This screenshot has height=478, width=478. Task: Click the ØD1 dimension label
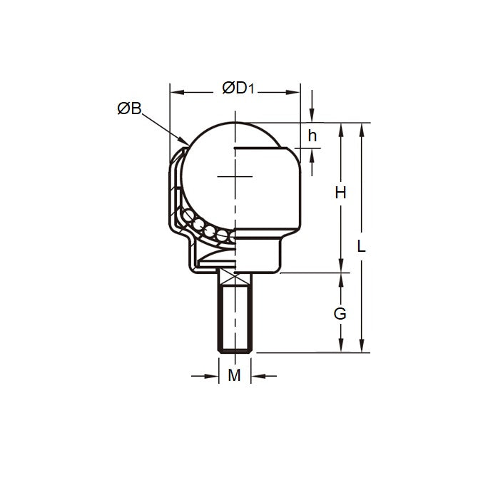point(239,88)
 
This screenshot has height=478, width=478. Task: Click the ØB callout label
point(129,108)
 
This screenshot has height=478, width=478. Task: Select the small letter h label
point(312,136)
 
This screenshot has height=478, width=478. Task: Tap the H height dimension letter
point(340,193)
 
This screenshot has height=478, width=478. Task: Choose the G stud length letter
point(340,313)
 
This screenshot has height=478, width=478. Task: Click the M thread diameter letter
point(234,375)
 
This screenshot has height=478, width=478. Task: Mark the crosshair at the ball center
point(235,176)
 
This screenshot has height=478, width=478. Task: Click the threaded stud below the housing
point(235,314)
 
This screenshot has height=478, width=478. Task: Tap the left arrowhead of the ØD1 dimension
point(173,92)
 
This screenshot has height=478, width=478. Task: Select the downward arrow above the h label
point(312,119)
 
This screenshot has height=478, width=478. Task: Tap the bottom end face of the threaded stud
point(235,351)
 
